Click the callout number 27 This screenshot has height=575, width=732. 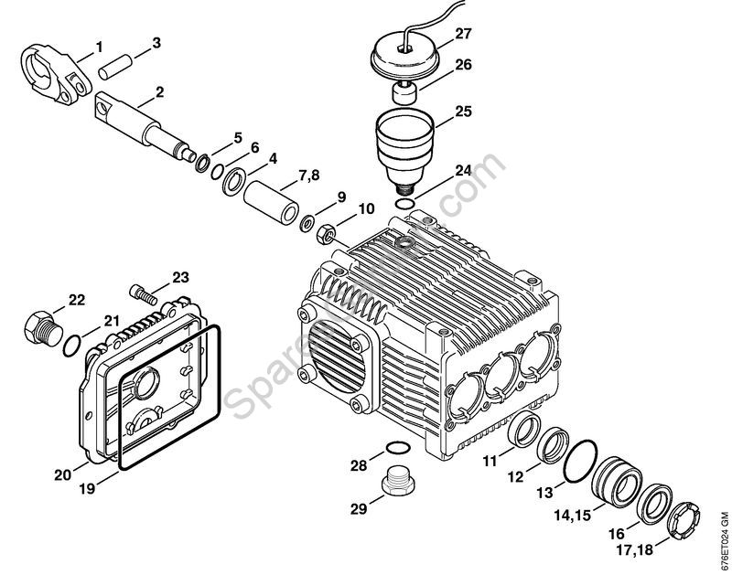click(x=463, y=35)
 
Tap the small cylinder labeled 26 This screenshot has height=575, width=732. click(x=404, y=91)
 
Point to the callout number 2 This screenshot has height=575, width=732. click(x=159, y=91)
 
